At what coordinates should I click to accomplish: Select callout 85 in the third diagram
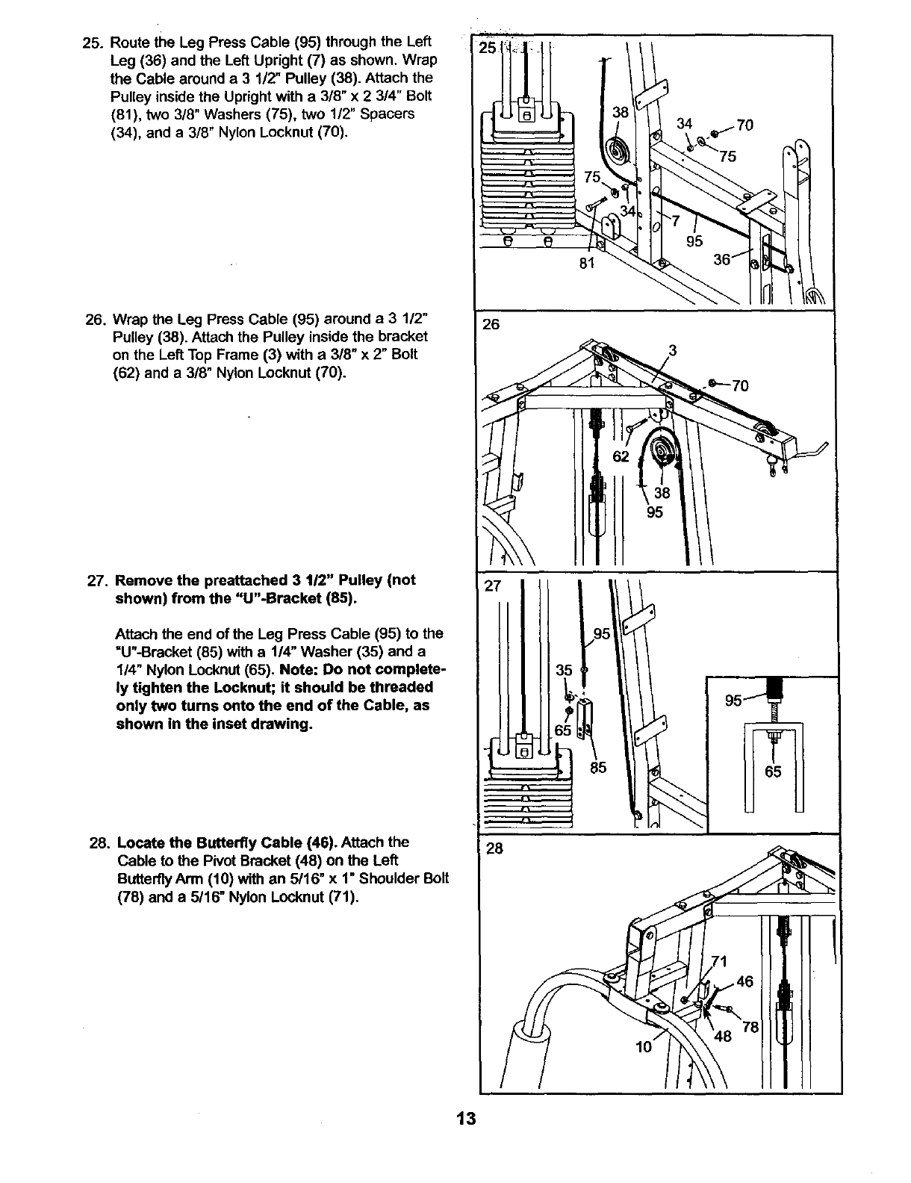tap(598, 767)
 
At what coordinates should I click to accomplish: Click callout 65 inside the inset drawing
tap(773, 771)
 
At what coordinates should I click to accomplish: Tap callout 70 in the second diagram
tap(739, 386)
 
